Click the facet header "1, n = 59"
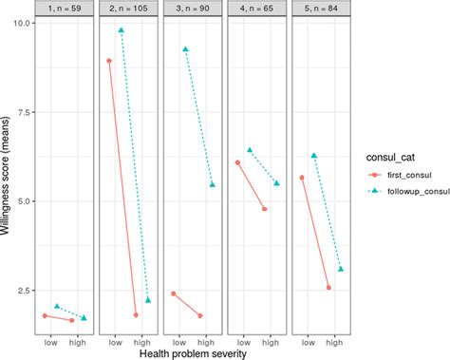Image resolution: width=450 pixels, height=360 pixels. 65,8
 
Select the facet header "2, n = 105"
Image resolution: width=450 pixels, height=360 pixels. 129,8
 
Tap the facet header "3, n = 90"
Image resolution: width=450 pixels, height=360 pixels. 193,8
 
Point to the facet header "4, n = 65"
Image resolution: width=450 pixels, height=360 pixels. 257,8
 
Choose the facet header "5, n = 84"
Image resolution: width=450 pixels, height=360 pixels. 322,8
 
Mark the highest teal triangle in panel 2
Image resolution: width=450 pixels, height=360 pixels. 122,30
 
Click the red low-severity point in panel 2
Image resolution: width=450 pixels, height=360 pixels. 109,61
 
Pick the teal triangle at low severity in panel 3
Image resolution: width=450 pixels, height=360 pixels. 186,48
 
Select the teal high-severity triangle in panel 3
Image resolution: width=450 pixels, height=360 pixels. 213,184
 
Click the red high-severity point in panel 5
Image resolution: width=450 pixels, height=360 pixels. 328,288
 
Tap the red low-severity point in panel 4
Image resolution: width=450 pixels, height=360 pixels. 237,162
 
